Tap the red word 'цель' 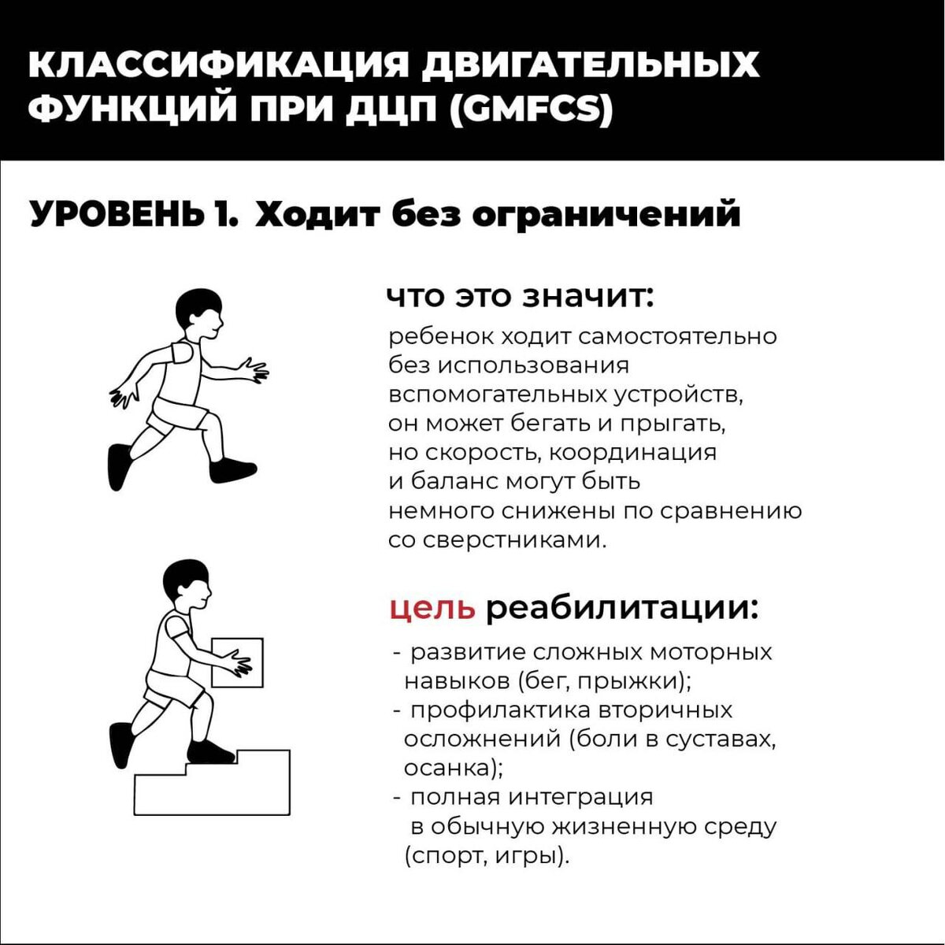click(432, 609)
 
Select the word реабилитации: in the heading click(622, 609)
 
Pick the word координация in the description click(632, 453)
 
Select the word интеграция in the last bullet click(580, 799)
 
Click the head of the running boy click(198, 313)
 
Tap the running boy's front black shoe click(232, 470)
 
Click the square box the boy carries click(237, 662)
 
